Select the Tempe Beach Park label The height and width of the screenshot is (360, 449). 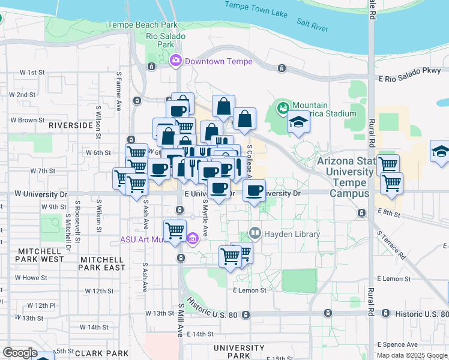point(142,25)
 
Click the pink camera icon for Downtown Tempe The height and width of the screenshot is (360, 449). point(176,60)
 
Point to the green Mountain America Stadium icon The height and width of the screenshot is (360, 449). point(283,109)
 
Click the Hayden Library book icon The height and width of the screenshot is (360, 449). point(255,233)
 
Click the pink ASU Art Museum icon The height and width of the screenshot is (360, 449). point(193,239)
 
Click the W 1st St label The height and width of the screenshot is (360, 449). point(32,72)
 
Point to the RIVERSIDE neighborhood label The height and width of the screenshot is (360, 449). point(71,125)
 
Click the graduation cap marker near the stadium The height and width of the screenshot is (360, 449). point(297,122)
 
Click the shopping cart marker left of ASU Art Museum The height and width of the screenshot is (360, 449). point(175,230)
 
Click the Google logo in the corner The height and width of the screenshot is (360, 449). point(19,353)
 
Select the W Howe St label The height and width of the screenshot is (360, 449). point(31,278)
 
